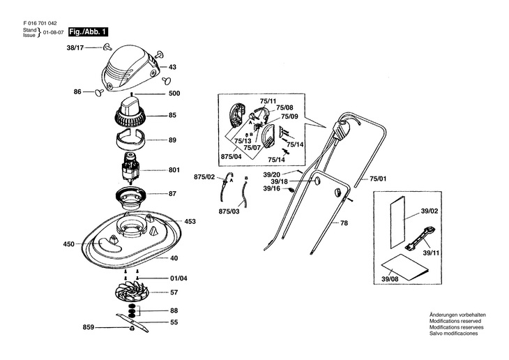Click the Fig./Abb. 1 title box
(89, 32)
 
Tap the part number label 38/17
(75, 47)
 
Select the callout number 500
(174, 93)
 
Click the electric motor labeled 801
(130, 169)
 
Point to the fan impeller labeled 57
(132, 292)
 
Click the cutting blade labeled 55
(132, 322)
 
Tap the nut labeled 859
(132, 328)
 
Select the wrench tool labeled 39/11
(420, 239)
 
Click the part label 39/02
(430, 211)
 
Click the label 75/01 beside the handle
(378, 179)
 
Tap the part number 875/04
(231, 156)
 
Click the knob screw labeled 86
(99, 93)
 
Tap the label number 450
(69, 244)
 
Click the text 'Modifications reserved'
(455, 321)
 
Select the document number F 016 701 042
(40, 24)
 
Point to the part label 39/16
(272, 188)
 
